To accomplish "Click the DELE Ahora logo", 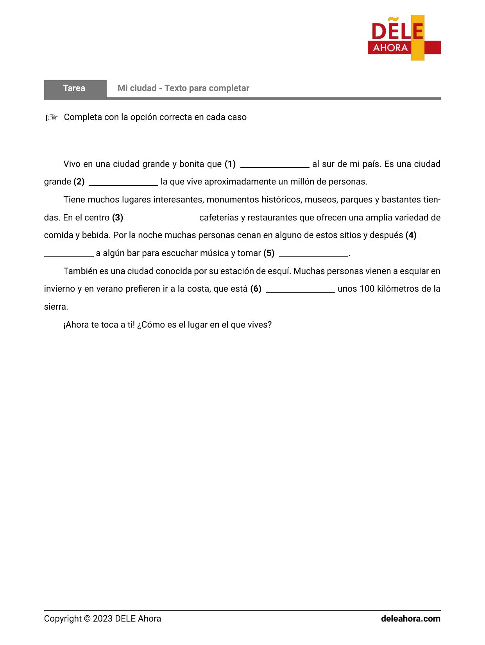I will click(x=404, y=38).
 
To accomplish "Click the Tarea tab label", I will click(x=74, y=88).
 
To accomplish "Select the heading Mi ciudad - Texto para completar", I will click(x=183, y=88).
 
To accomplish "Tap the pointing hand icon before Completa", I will click(x=52, y=117).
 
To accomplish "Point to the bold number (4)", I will click(x=411, y=235).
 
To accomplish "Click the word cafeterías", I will click(x=219, y=218).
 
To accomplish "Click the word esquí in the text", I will click(x=280, y=271).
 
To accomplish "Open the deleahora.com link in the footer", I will click(x=410, y=619).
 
